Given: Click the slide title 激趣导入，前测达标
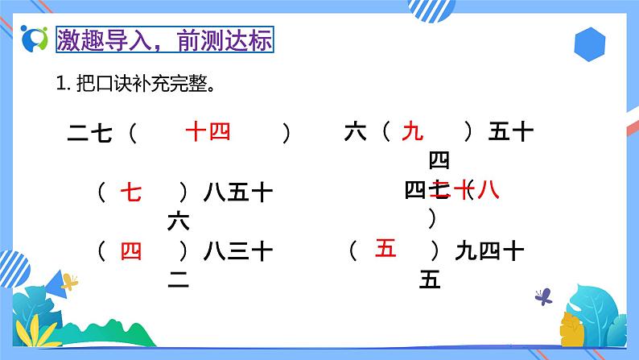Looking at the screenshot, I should pos(164,39).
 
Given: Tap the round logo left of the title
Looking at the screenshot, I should pos(35,39).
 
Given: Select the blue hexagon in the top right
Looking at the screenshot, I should pos(593,45).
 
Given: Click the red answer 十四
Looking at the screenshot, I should pos(208,130).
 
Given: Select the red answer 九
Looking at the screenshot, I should pos(412,130).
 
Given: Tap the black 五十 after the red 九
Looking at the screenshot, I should pos(511,131).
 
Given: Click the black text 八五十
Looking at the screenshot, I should pos(238,192).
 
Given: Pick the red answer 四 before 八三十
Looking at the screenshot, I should pos(130,252).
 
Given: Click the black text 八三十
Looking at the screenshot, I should pos(238,252).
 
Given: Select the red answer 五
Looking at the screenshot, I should pos(385,250).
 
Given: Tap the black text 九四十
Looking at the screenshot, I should pos(489,252).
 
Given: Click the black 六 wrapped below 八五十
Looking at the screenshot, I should pos(178,221).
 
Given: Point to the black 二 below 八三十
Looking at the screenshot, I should pos(178,280).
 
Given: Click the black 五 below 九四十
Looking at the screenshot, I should pos(430,280).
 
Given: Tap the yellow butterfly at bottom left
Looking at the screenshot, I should pos(70,282).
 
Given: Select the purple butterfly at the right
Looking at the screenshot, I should pos(544,296).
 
